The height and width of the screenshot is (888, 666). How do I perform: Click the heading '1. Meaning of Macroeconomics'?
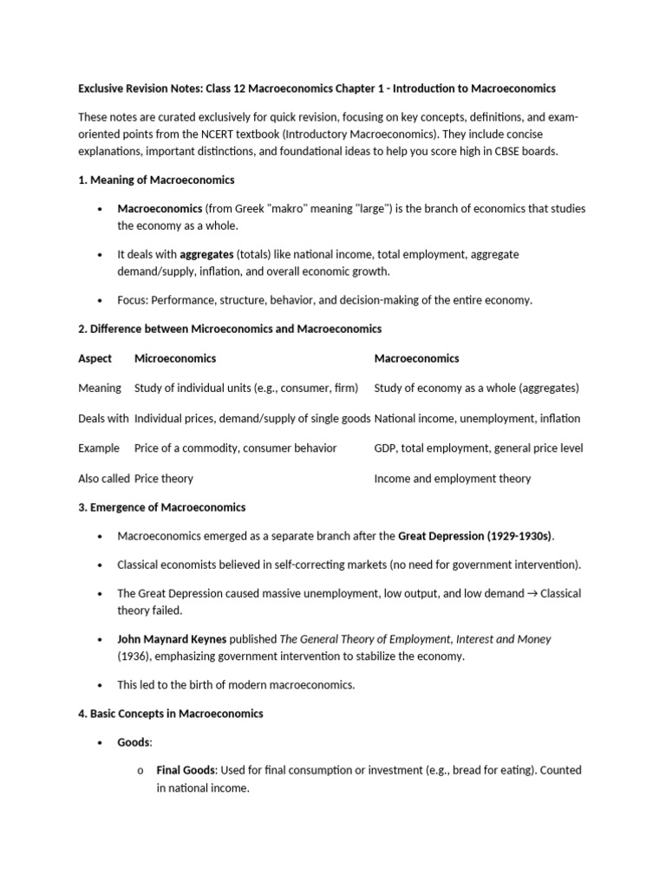point(156,180)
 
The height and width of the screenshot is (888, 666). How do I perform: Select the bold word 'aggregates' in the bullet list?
point(207,254)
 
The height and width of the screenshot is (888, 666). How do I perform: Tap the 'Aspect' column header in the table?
point(95,358)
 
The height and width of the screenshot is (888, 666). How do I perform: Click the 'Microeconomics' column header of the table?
point(175,358)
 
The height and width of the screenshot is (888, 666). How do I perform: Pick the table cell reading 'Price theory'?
point(164,478)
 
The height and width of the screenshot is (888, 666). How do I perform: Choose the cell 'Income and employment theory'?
point(452,478)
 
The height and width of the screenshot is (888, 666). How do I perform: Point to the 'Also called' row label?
point(104,478)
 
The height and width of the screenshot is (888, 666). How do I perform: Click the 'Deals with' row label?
point(103,418)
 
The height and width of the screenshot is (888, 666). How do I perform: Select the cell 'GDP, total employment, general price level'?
point(478,448)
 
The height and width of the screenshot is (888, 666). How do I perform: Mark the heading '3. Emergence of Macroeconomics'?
point(161,507)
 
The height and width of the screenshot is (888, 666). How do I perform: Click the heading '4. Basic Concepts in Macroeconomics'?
point(171,714)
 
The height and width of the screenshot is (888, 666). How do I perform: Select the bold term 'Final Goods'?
point(186,769)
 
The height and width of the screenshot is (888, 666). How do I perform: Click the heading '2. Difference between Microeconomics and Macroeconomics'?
point(230,329)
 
